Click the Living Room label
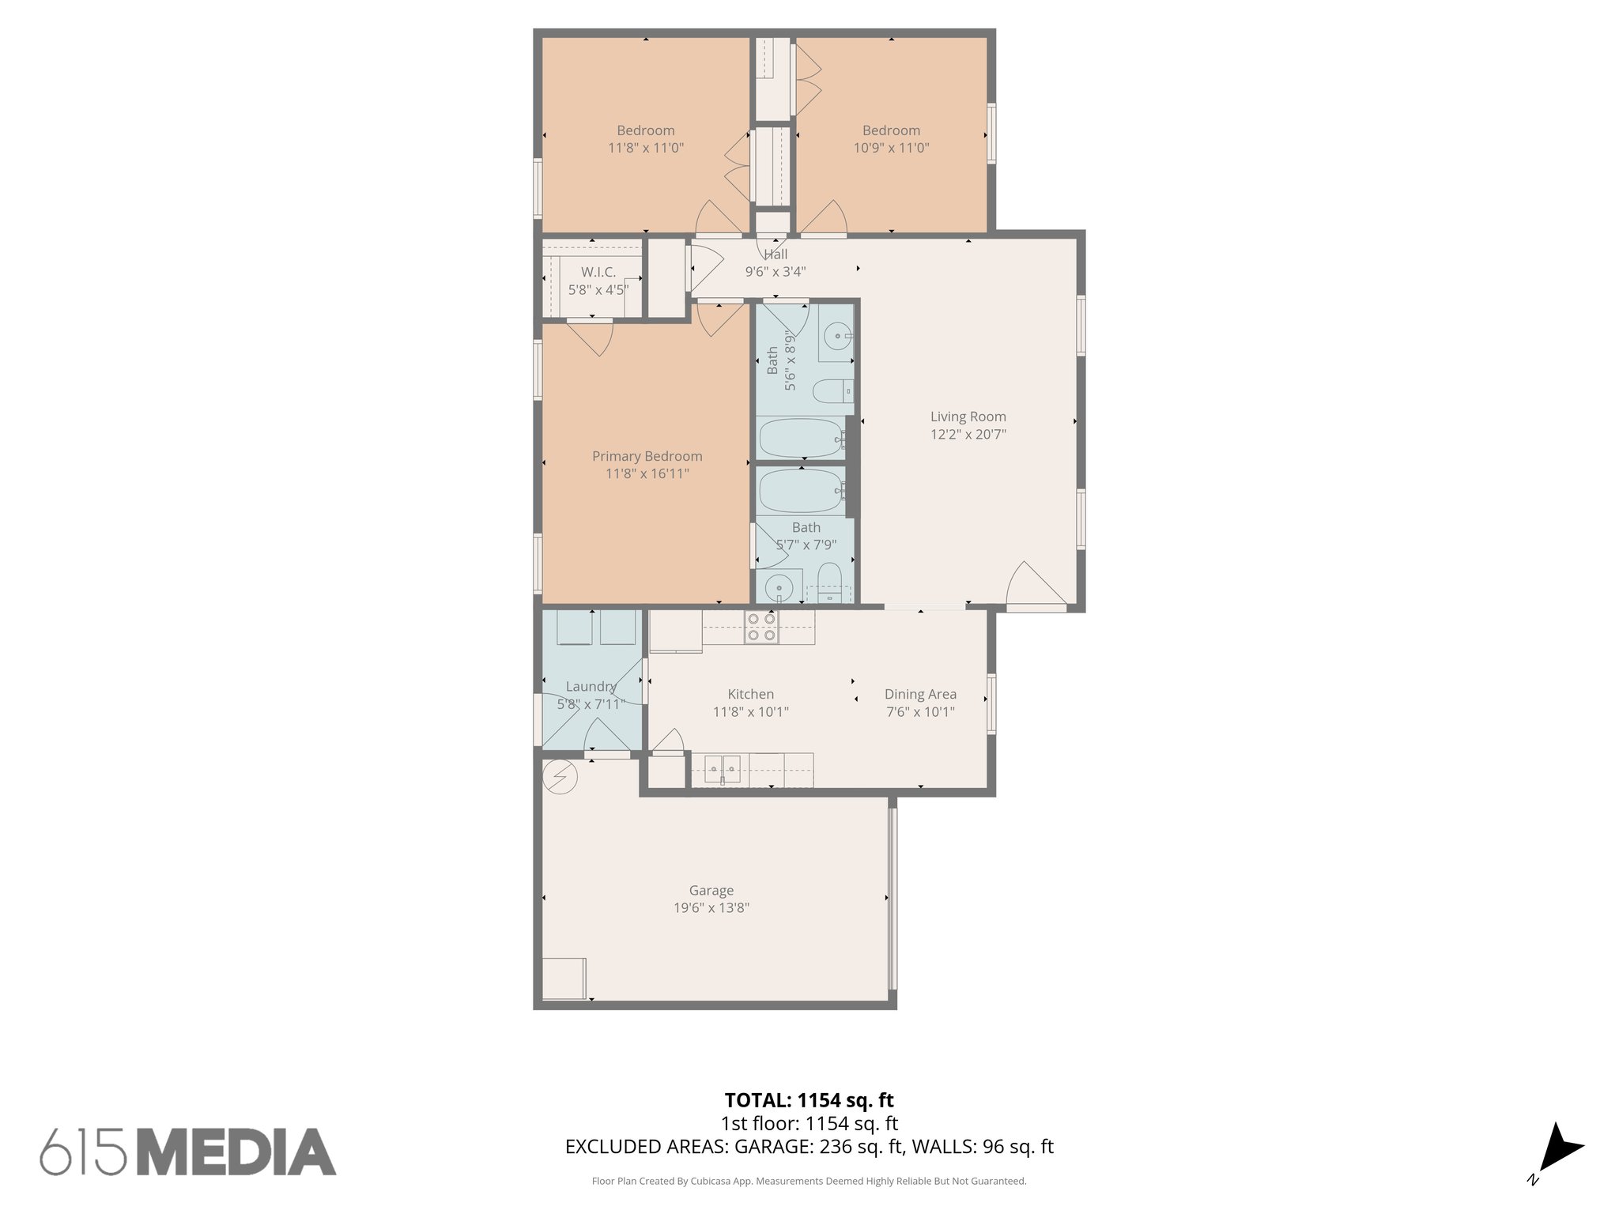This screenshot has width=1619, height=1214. (x=968, y=417)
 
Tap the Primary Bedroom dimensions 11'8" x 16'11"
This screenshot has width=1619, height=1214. (x=647, y=473)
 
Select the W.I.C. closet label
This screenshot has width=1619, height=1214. (x=598, y=272)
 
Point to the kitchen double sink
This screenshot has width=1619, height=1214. (x=723, y=767)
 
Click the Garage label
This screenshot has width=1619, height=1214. (x=711, y=891)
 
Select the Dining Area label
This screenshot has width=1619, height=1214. (x=920, y=694)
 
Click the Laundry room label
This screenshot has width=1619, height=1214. (x=590, y=687)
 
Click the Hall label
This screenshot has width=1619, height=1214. (x=776, y=254)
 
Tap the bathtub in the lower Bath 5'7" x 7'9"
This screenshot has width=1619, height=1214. (x=801, y=492)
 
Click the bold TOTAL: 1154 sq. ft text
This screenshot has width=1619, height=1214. (x=809, y=1100)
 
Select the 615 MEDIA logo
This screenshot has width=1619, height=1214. (x=188, y=1152)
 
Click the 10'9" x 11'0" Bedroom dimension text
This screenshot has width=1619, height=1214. (x=891, y=148)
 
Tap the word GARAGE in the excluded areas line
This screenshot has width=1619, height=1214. (x=769, y=1146)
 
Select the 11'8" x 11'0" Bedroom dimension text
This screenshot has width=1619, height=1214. (x=645, y=148)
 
